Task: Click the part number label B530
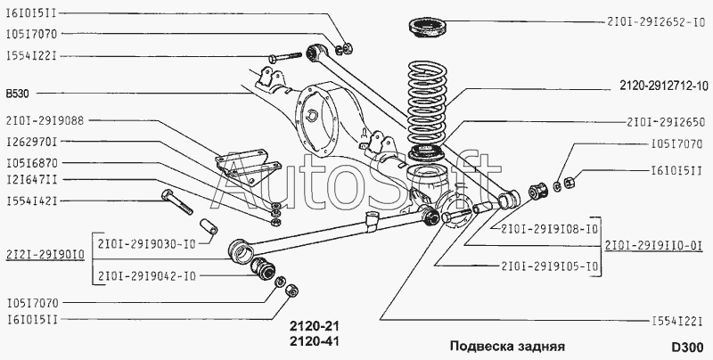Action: coord(17,94)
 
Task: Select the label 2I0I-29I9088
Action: coord(45,120)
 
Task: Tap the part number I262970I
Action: coord(32,142)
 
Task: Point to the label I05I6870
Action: coord(32,163)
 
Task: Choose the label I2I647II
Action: coord(32,180)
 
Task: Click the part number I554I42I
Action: coord(32,200)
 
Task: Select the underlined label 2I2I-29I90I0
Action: coord(45,255)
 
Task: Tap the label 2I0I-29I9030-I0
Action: coord(147,244)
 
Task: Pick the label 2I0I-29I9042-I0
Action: coord(147,276)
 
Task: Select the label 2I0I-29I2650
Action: coord(666,122)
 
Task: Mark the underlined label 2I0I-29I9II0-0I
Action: coord(654,246)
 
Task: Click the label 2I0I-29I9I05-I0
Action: coord(550,266)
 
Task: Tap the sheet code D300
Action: coord(687,347)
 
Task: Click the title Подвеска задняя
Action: coord(507,347)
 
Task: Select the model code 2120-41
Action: coord(315,341)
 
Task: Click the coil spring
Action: coord(427,102)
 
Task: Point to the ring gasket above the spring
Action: coord(428,28)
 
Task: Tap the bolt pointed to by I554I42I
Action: coord(176,201)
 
